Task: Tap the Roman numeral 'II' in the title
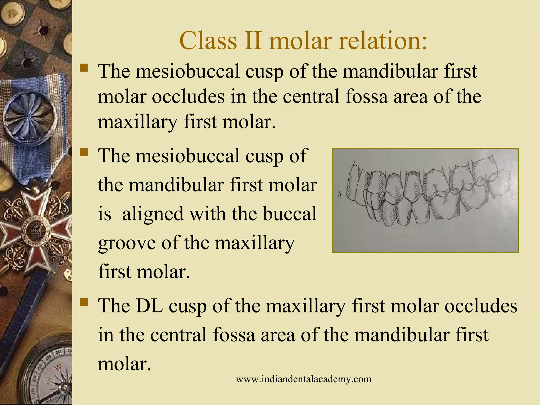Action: tap(253, 41)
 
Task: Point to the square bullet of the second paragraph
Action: tap(84, 152)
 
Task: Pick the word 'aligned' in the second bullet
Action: tap(153, 214)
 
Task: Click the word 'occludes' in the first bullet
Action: tap(188, 97)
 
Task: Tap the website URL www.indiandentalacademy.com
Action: tap(303, 379)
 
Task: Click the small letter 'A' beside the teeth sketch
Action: tap(340, 195)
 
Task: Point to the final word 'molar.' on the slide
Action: tap(124, 364)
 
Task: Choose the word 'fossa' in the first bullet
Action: tap(367, 97)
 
